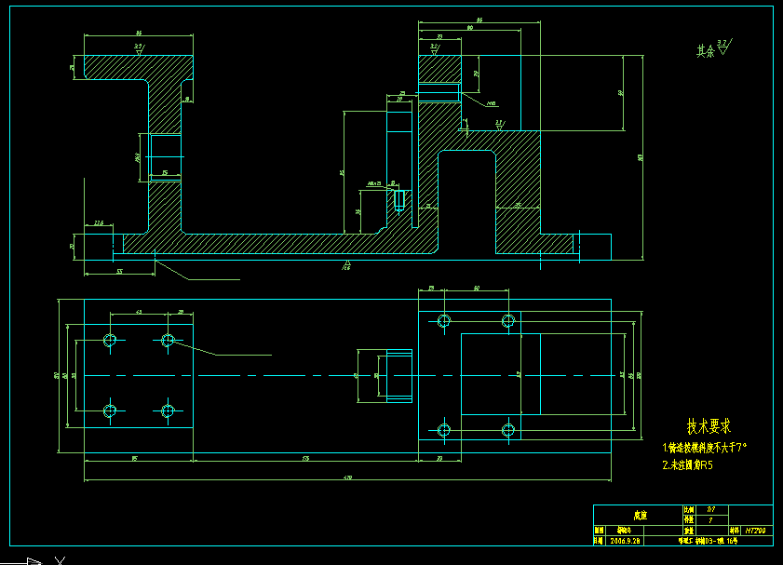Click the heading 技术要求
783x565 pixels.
pyautogui.click(x=709, y=426)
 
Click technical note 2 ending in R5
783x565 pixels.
pyautogui.click(x=687, y=464)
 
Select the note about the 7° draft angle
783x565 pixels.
pyautogui.click(x=705, y=448)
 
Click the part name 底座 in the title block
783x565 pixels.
pyautogui.click(x=639, y=514)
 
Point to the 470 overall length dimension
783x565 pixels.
pyautogui.click(x=347, y=478)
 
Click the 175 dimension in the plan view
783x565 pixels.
pyautogui.click(x=305, y=459)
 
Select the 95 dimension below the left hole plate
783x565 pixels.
pyautogui.click(x=135, y=459)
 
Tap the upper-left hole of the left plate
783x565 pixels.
pyautogui.click(x=110, y=340)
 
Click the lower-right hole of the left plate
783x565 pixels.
pyautogui.click(x=168, y=410)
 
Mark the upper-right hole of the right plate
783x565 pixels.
pyautogui.click(x=508, y=321)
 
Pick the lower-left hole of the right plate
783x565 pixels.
pyautogui.click(x=444, y=430)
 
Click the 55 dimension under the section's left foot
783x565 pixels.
pyautogui.click(x=120, y=271)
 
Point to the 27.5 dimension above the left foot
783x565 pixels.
pyautogui.click(x=99, y=223)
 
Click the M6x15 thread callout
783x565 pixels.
pyautogui.click(x=374, y=183)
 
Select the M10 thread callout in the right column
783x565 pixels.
pyautogui.click(x=491, y=104)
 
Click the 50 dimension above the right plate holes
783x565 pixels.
pyautogui.click(x=477, y=289)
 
